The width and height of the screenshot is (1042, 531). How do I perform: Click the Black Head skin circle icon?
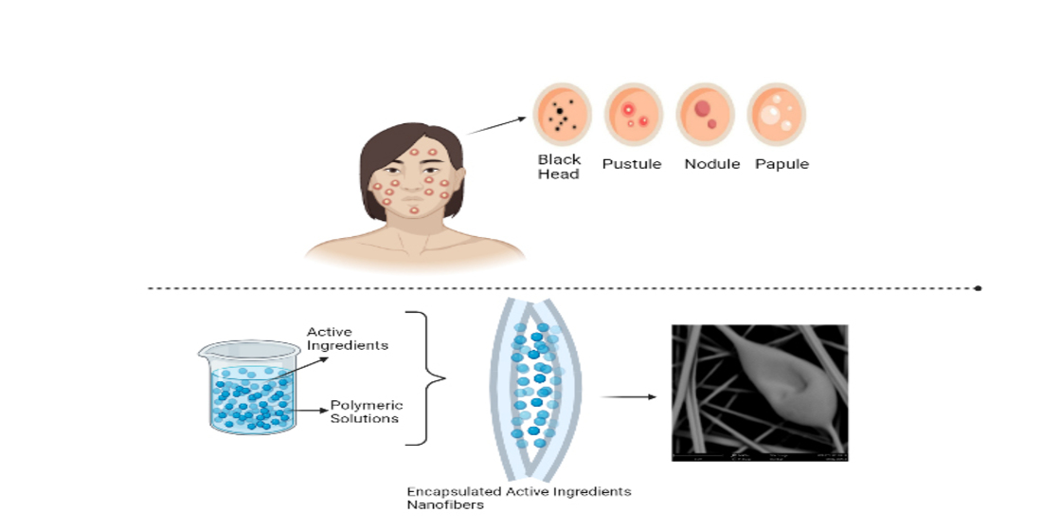pyautogui.click(x=562, y=114)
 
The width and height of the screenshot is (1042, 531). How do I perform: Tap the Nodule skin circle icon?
pyautogui.click(x=705, y=114)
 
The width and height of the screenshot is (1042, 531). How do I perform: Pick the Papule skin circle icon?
pyautogui.click(x=776, y=114)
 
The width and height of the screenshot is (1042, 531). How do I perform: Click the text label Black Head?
pyautogui.click(x=559, y=167)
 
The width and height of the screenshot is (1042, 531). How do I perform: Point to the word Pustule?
pyautogui.click(x=632, y=164)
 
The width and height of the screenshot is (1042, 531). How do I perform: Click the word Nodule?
pyautogui.click(x=711, y=164)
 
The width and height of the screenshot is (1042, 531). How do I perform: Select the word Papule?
pyautogui.click(x=781, y=164)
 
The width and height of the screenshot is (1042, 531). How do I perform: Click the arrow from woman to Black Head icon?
pyautogui.click(x=497, y=126)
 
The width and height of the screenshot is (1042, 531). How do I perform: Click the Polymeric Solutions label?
pyautogui.click(x=365, y=412)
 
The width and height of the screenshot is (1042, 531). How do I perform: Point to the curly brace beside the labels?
pyautogui.click(x=426, y=378)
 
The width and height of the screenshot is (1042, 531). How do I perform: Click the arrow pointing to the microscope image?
pyautogui.click(x=629, y=395)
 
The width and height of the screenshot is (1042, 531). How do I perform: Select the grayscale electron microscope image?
pyautogui.click(x=759, y=393)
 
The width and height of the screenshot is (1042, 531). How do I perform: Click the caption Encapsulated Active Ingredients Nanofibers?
pyautogui.click(x=518, y=498)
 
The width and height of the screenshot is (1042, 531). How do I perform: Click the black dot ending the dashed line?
pyautogui.click(x=978, y=287)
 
